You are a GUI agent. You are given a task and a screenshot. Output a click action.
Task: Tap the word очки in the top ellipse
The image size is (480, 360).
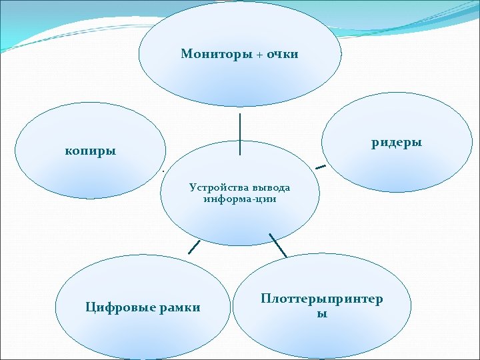(x=283, y=54)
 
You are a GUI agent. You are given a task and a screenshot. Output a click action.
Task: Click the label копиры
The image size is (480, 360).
(x=91, y=151)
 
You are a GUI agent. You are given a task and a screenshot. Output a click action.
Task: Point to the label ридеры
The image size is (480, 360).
(x=397, y=143)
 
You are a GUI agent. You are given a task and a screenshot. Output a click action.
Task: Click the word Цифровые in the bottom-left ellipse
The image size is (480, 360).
(x=119, y=307)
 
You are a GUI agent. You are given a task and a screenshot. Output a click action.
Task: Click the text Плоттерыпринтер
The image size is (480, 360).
(x=322, y=299)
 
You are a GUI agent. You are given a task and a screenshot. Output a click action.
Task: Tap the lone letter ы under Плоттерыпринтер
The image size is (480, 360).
(x=322, y=313)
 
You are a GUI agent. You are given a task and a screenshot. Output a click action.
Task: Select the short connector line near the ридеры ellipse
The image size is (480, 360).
(x=321, y=165)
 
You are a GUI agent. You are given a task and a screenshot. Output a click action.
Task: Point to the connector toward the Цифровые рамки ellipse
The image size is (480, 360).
(x=194, y=247)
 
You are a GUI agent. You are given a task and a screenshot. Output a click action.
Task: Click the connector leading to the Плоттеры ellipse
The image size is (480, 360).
(x=277, y=245)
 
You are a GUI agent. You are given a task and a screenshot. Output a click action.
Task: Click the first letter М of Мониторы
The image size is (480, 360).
(x=186, y=54)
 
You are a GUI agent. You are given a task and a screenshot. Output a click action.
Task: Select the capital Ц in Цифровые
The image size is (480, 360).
(x=90, y=307)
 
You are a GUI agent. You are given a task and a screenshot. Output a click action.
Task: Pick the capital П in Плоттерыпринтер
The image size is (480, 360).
(x=266, y=299)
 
